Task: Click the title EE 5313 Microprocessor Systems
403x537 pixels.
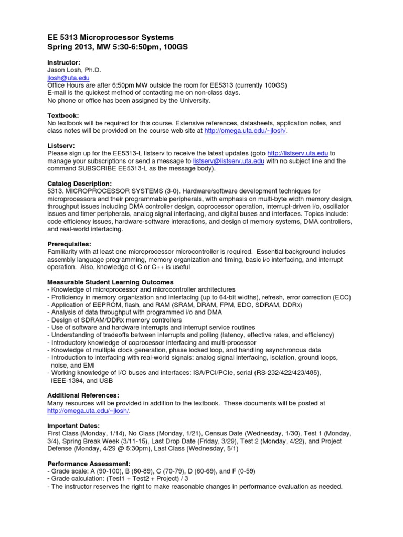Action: point(110,38)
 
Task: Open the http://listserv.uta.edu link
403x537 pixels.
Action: point(298,153)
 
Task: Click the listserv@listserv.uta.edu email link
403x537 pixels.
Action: point(228,161)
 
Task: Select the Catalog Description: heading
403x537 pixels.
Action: point(79,184)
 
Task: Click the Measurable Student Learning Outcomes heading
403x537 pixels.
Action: point(110,282)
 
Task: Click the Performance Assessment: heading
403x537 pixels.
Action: point(88,464)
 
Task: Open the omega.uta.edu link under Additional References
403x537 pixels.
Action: point(88,411)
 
